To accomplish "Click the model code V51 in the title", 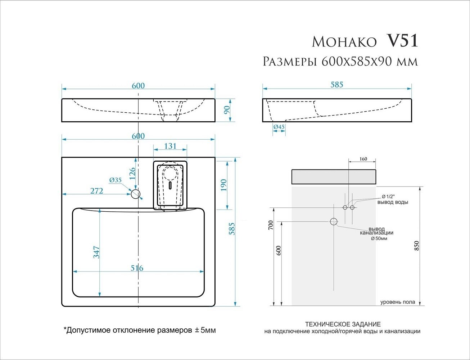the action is coord(402,41).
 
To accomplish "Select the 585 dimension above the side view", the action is coord(336,85).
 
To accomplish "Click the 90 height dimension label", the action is coord(227,110).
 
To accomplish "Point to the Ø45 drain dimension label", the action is coord(279,127).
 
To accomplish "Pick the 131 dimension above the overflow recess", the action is coord(170,146).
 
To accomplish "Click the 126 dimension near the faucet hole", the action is coord(132,174).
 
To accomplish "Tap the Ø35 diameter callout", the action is coord(116,180).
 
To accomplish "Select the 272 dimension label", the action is coord(96,190).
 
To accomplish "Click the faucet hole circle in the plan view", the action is coord(135,194).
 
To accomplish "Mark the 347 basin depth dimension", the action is coord(96,252).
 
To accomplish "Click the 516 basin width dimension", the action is coord(137,268).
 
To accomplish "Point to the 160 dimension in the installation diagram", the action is coord(363,159).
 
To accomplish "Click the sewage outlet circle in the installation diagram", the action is coord(334,221).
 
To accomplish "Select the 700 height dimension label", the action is coord(271,225).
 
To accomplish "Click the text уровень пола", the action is coord(397,302).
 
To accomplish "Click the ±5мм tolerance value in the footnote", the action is coord(205,330).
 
